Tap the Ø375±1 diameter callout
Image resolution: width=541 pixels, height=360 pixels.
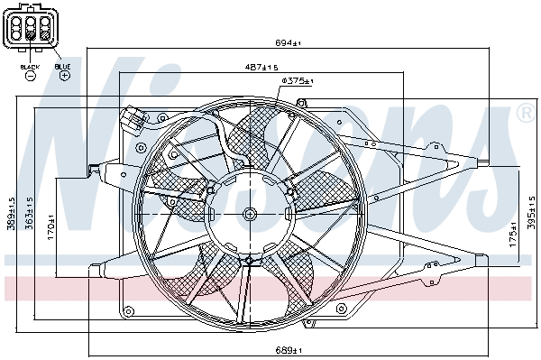coord(296,82)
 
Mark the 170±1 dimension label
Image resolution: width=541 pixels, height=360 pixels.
coord(51,226)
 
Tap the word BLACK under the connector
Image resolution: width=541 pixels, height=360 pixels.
coord(30,67)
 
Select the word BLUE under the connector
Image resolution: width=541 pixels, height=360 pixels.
coord(62,67)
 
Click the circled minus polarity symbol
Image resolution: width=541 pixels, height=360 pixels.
coord(30,77)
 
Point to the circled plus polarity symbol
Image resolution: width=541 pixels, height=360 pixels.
coord(64,77)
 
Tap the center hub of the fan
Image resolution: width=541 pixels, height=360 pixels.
coord(250,214)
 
